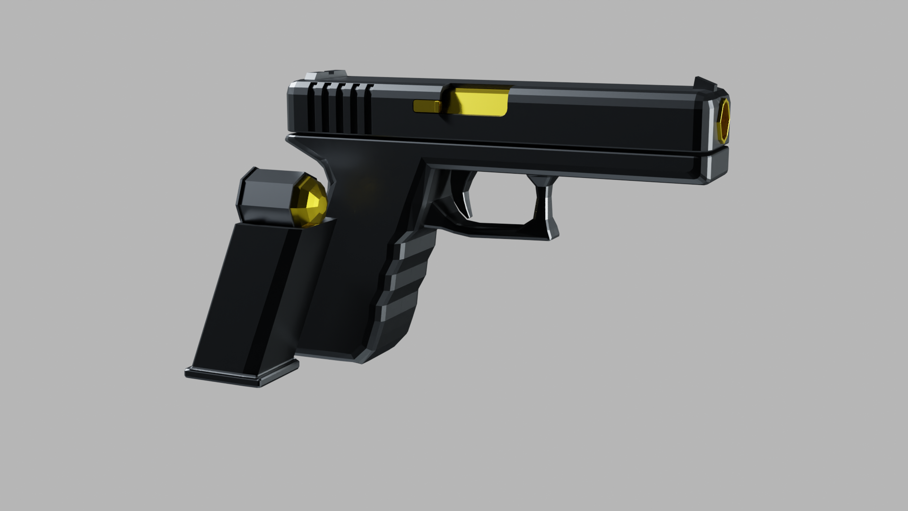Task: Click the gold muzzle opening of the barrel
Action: [x=724, y=121]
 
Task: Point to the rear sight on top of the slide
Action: [x=326, y=76]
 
